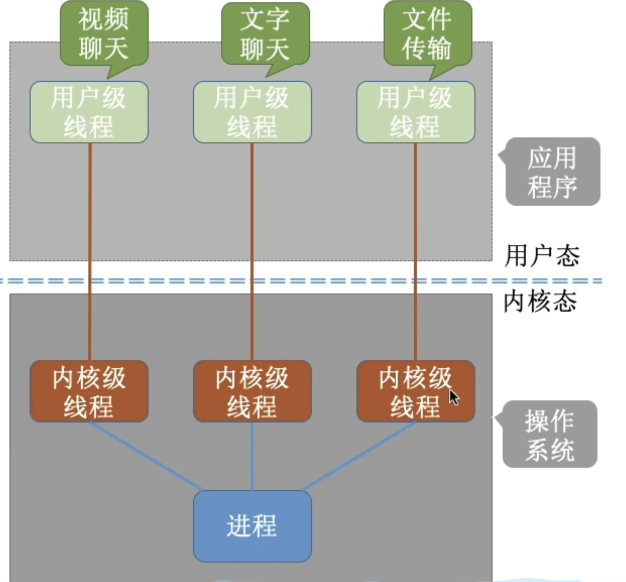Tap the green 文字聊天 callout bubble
tap(265, 34)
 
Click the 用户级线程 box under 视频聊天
tap(89, 112)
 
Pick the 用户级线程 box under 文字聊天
tap(252, 112)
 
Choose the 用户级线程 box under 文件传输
tap(415, 112)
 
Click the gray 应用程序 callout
tap(552, 172)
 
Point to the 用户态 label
tap(542, 256)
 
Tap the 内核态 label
tap(540, 301)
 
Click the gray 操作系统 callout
tap(550, 434)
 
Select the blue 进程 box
tap(252, 526)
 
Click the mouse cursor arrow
tap(454, 397)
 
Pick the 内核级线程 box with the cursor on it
tap(415, 391)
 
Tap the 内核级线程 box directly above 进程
tap(252, 391)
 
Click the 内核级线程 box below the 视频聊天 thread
tap(89, 391)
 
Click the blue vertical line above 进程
tap(252, 456)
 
